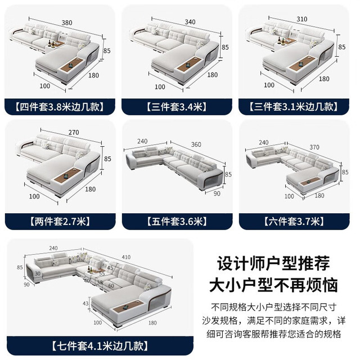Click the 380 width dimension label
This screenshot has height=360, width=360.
click(x=67, y=22)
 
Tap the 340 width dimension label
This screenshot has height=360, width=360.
click(x=190, y=22)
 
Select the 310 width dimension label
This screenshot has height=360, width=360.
click(x=301, y=19)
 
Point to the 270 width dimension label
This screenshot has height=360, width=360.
click(x=74, y=132)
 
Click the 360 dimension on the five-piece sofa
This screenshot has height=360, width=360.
click(x=196, y=145)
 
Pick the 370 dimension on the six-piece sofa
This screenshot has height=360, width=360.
click(x=314, y=147)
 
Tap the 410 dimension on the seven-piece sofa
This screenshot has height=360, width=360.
click(x=126, y=257)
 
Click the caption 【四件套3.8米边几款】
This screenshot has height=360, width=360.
click(x=60, y=107)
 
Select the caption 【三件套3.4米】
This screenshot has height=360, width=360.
click(x=177, y=107)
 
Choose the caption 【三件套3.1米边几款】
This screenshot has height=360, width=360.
click(x=294, y=107)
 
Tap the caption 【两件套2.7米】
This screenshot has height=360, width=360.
click(x=60, y=222)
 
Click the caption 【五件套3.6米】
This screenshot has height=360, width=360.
click(x=177, y=222)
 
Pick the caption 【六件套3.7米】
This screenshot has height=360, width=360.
click(x=294, y=222)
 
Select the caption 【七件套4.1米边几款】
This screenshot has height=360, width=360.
click(x=100, y=346)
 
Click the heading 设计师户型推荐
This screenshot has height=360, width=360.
click(x=274, y=263)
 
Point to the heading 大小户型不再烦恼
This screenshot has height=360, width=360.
click(x=273, y=285)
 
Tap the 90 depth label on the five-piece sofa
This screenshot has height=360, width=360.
click(x=217, y=193)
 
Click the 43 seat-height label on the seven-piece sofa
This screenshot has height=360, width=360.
click(x=85, y=303)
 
